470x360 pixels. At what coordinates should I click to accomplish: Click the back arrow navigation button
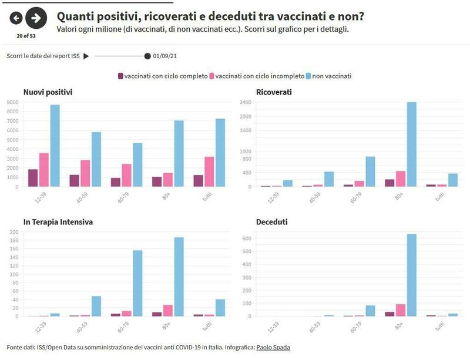16,18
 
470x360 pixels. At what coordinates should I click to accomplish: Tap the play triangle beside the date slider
86,56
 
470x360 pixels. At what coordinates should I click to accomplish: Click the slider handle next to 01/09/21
147,56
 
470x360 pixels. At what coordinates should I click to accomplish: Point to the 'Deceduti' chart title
272,222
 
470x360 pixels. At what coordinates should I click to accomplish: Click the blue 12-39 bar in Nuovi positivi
55,146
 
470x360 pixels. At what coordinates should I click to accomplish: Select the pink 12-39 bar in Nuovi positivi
44,170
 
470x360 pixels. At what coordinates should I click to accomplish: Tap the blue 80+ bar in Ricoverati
412,144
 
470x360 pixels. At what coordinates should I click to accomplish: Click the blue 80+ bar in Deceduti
412,275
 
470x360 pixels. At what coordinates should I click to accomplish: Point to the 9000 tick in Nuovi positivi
13,102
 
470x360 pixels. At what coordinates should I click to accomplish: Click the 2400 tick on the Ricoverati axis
245,102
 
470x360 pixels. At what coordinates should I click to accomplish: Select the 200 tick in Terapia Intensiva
14,232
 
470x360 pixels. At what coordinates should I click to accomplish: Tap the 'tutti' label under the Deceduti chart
438,326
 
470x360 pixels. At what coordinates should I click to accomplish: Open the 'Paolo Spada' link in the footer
273,348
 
